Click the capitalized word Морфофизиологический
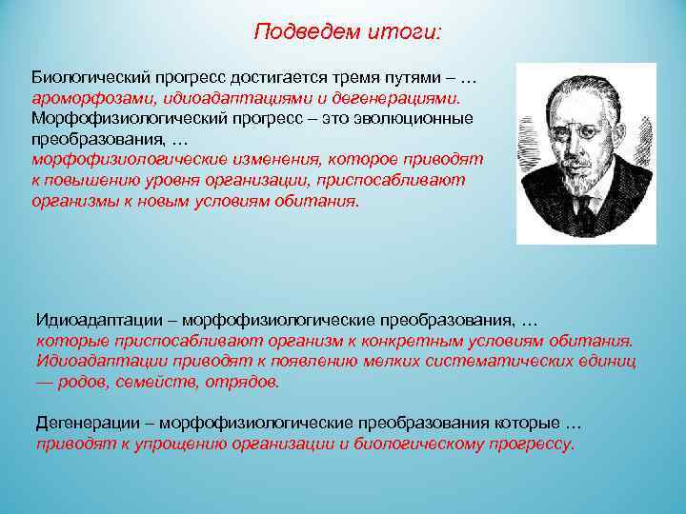pyautogui.click(x=118, y=117)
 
